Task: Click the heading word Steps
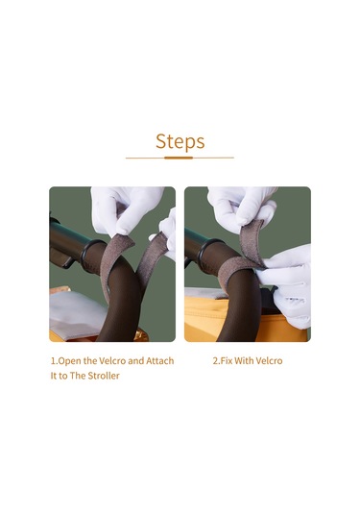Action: (x=180, y=141)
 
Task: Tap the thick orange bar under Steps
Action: (x=179, y=158)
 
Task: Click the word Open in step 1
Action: (x=69, y=361)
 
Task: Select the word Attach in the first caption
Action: (x=160, y=361)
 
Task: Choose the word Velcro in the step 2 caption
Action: (x=269, y=361)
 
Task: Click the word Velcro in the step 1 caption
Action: (x=112, y=361)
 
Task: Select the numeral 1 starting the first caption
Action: (x=53, y=361)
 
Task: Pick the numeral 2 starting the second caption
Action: (x=216, y=361)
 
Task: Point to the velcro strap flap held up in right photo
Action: (x=252, y=241)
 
